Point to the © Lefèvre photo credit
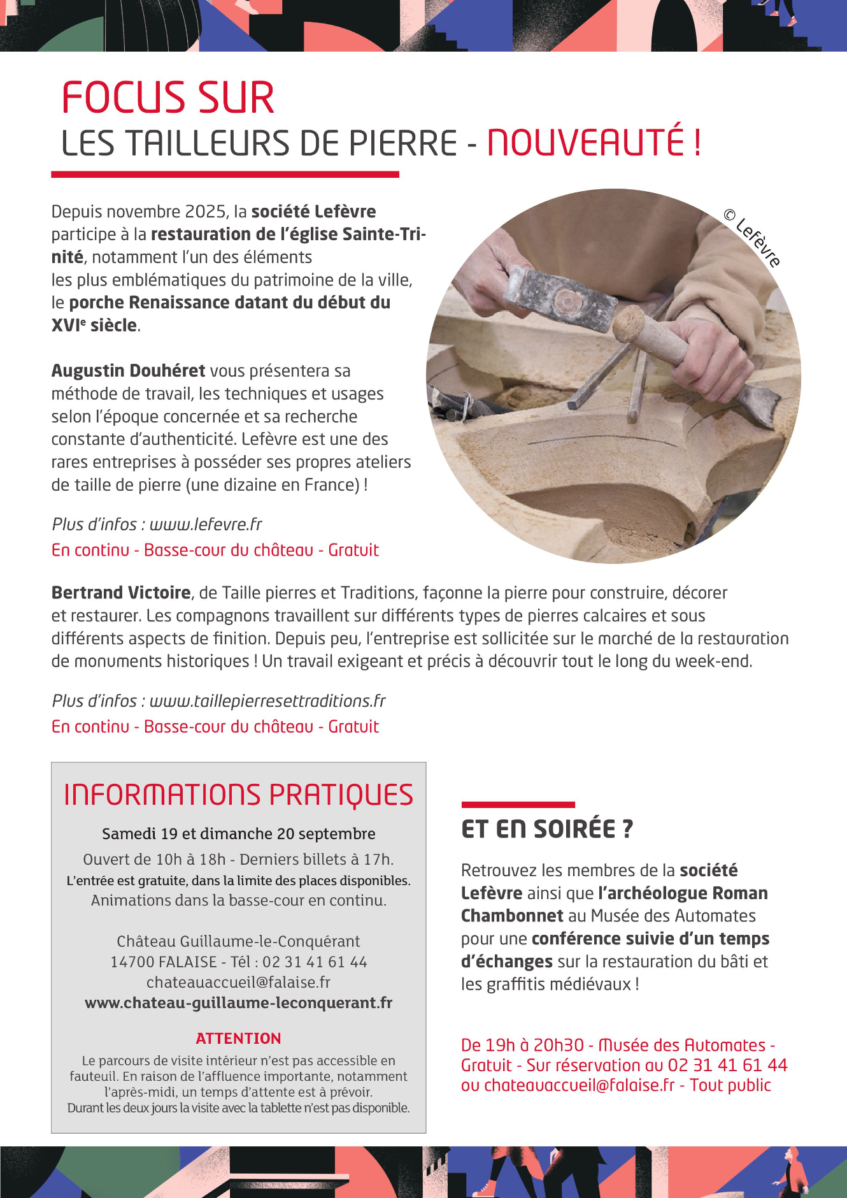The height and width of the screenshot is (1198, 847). [x=752, y=238]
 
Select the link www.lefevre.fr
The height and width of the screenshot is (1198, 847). [x=206, y=524]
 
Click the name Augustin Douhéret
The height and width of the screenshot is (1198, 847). [x=128, y=370]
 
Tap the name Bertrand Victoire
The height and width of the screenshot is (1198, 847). [x=121, y=593]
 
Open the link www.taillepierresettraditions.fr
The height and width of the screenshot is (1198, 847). [x=267, y=700]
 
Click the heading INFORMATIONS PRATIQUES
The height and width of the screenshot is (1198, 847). [x=239, y=795]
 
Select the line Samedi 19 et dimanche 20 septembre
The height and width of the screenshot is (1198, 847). [x=239, y=834]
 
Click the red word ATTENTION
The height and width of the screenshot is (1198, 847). [x=239, y=1038]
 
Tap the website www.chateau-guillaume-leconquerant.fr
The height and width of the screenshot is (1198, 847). [x=239, y=1002]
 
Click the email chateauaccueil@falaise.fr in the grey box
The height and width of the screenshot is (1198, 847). [x=238, y=982]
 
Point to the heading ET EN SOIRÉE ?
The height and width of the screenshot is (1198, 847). [x=547, y=828]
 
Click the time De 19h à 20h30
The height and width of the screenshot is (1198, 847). [x=522, y=1045]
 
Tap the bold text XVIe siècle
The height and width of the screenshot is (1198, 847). [x=94, y=325]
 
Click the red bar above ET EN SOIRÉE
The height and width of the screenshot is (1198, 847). [x=518, y=805]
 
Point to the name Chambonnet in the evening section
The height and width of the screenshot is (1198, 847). [x=512, y=916]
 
